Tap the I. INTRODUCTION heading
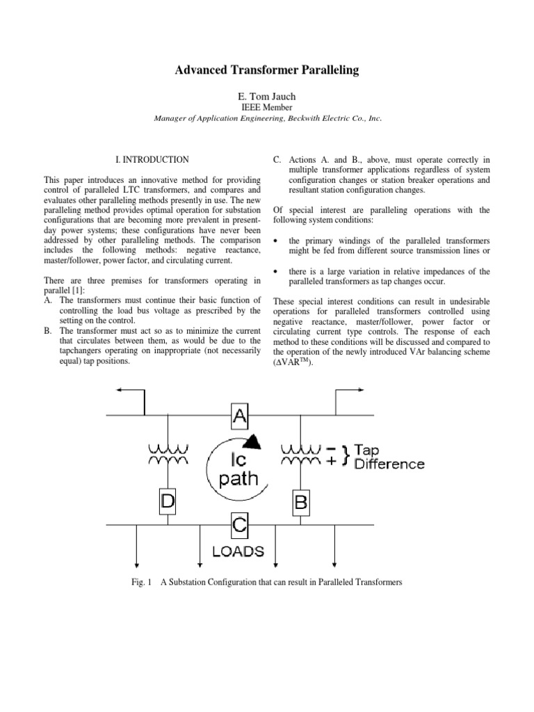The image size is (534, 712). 151,159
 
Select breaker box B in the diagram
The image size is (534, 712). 300,501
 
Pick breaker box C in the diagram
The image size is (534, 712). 240,527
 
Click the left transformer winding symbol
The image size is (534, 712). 168,454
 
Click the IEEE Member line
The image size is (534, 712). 267,108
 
